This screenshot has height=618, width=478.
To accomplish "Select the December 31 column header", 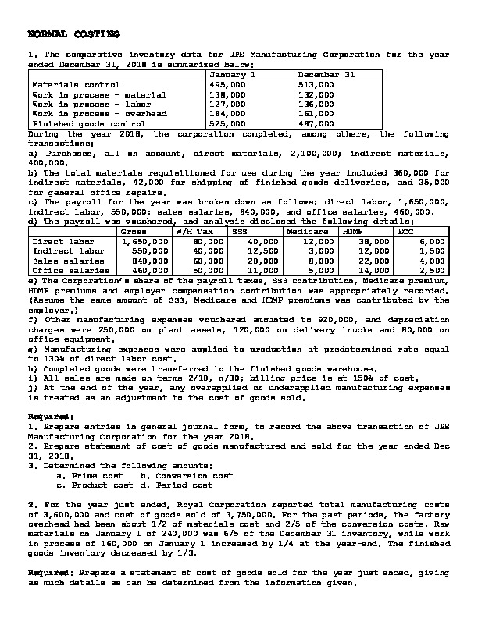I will pyautogui.click(x=326, y=75).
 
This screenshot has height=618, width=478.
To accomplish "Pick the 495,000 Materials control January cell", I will pyautogui.click(x=227, y=84).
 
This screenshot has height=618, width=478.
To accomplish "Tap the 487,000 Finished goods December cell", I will pyautogui.click(x=316, y=123).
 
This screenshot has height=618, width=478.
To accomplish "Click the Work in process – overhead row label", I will pyautogui.click(x=99, y=114).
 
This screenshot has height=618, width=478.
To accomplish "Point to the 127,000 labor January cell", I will pyautogui.click(x=227, y=104).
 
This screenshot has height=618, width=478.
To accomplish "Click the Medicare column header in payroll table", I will pyautogui.click(x=307, y=232).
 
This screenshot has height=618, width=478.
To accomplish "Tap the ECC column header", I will pyautogui.click(x=406, y=232).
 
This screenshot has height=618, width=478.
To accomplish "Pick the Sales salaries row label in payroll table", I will pyautogui.click(x=67, y=261).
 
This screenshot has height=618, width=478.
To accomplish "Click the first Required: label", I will pyautogui.click(x=45, y=416).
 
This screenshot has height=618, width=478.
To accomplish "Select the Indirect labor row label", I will pyautogui.click(x=69, y=251).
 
